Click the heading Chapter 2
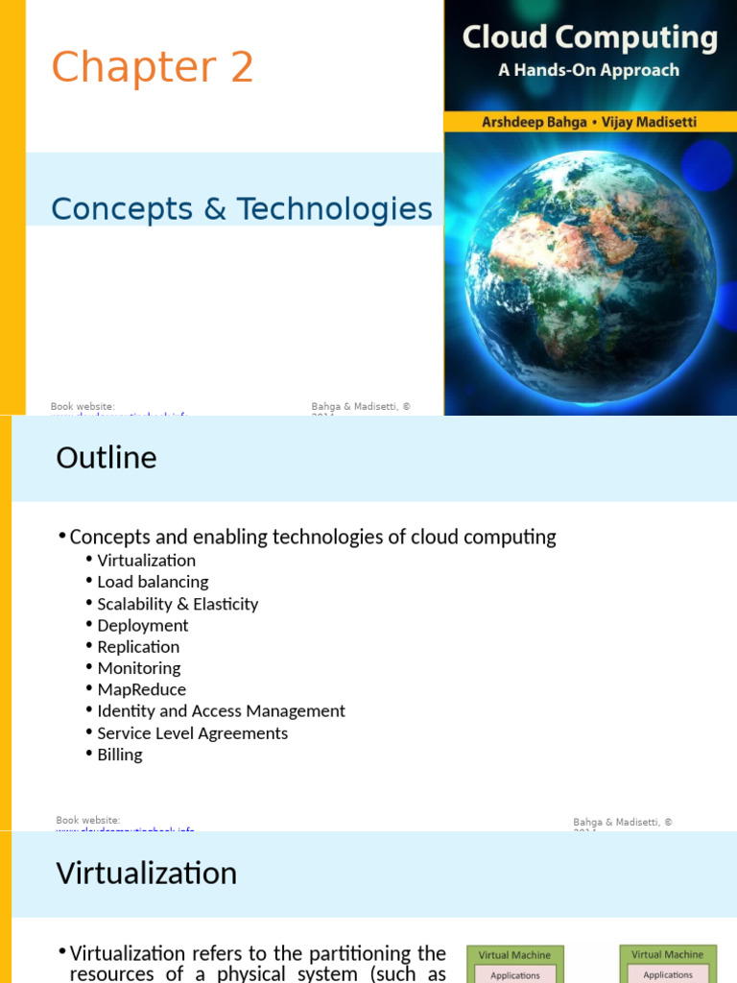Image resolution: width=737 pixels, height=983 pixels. (152, 68)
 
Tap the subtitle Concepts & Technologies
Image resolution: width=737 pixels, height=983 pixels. (241, 208)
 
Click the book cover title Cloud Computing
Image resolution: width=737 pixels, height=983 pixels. (589, 37)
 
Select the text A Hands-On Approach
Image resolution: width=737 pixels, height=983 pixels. (588, 70)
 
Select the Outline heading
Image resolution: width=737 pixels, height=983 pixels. (106, 458)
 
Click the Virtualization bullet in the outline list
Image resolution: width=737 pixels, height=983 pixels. (146, 561)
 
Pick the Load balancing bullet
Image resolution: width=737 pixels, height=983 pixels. (153, 582)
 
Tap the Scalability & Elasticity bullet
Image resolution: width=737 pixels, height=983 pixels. (178, 604)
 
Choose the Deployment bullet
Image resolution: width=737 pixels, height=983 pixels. (142, 626)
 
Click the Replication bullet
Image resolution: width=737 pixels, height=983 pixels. (138, 647)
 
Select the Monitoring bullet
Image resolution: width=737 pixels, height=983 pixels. (138, 668)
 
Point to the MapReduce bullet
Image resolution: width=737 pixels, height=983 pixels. (141, 690)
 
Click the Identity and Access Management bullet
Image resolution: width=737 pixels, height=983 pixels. (221, 711)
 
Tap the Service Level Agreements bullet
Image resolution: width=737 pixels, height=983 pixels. (192, 733)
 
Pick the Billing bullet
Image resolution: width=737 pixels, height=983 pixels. (119, 755)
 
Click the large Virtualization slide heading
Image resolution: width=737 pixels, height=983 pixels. (146, 874)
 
